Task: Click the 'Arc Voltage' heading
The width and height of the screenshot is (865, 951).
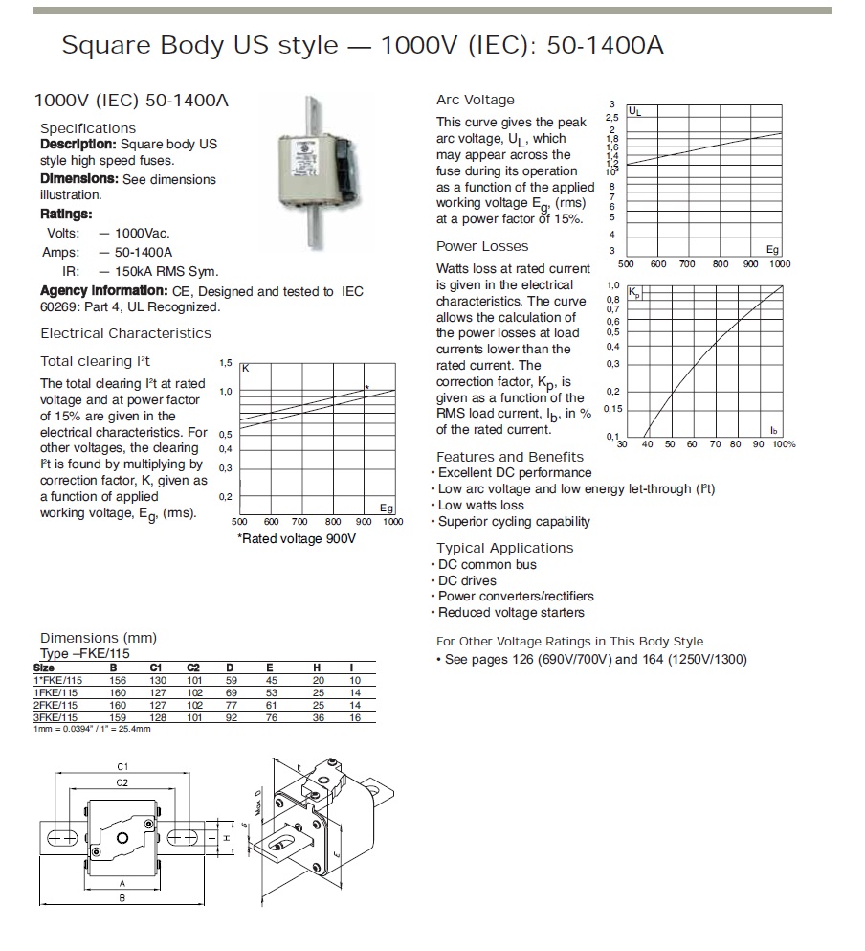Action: tap(475, 100)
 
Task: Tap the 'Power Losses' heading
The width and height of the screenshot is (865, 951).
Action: tap(482, 246)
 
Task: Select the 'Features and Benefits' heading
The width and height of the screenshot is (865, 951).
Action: tap(509, 457)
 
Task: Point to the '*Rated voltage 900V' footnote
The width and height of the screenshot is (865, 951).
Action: tap(296, 539)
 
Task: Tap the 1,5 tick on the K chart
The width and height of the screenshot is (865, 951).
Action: tap(226, 364)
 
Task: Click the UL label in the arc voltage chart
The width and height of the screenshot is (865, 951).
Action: tap(635, 112)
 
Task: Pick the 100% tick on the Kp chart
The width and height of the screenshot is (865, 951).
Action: tap(784, 444)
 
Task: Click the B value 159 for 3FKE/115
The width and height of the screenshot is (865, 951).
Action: tap(119, 717)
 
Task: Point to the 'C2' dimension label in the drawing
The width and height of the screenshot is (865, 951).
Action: tap(122, 782)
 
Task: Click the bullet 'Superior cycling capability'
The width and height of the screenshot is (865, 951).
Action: tap(514, 522)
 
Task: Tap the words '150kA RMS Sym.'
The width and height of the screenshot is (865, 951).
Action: tap(167, 271)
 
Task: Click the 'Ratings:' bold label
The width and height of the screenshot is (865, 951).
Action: tap(66, 214)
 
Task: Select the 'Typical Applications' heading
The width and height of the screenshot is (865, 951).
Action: tap(504, 548)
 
